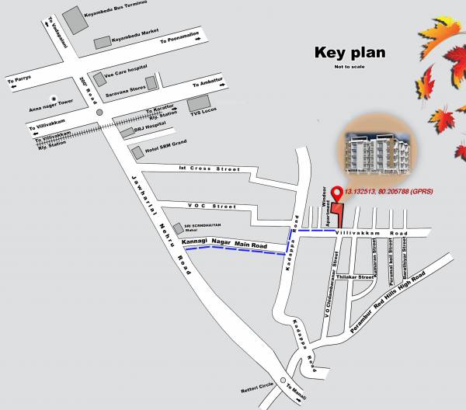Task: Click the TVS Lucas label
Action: point(203,113)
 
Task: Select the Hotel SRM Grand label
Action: point(166,151)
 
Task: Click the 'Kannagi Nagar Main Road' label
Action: point(224,246)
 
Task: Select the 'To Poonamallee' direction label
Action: point(180,40)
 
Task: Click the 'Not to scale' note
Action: point(349,68)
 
